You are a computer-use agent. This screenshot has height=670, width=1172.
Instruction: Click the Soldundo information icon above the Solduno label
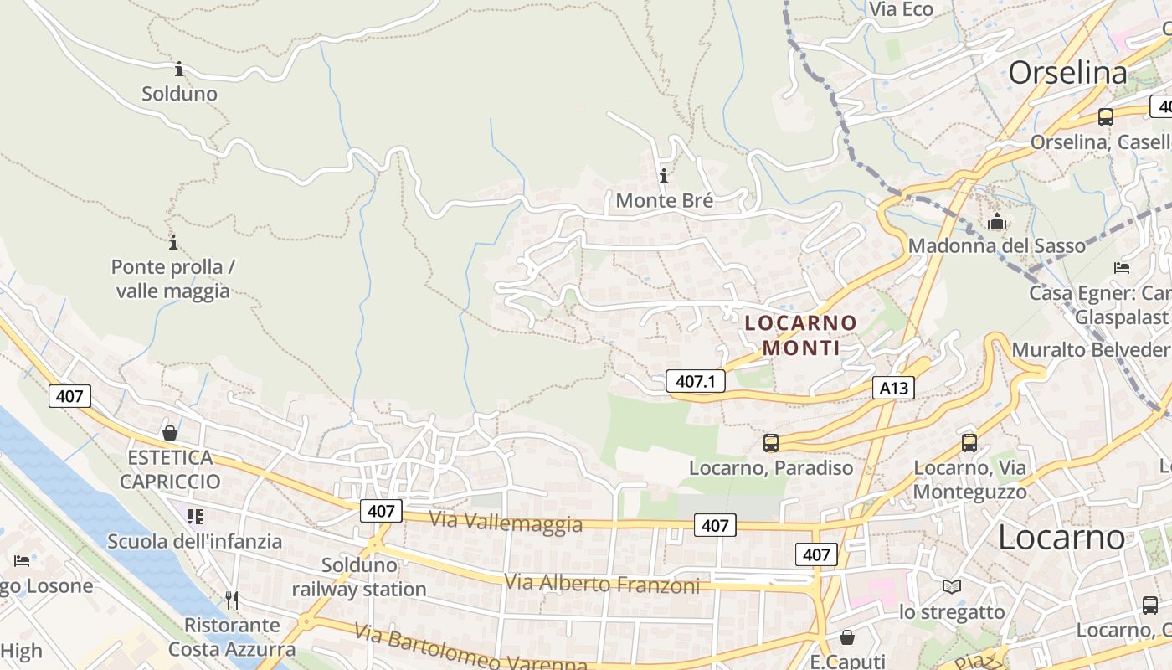[x=178, y=69]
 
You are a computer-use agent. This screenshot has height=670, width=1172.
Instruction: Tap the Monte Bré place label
[x=664, y=201]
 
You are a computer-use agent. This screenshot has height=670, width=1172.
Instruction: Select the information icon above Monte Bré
[x=664, y=177]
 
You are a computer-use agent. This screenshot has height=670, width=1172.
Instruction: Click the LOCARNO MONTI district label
[x=801, y=335]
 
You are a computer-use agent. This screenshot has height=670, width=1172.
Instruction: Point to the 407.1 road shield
[x=695, y=382]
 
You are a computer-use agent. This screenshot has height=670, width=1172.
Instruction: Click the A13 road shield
[x=892, y=388]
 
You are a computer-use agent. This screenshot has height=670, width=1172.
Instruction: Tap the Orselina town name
[x=1067, y=73]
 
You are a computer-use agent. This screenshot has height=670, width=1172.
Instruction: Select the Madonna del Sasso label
[x=996, y=246]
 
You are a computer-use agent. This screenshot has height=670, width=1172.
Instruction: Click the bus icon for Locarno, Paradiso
[x=770, y=443]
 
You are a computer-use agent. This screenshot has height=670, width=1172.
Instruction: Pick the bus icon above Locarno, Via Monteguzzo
[x=969, y=443]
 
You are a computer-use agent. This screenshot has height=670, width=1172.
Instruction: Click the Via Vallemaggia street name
[x=506, y=523]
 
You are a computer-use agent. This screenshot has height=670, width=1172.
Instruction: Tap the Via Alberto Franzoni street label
[x=602, y=584]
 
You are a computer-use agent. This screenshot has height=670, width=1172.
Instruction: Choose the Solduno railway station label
[x=359, y=577]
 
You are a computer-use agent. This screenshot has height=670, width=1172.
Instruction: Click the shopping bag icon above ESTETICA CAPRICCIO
[x=170, y=433]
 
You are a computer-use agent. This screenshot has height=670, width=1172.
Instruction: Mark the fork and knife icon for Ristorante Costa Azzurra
[x=232, y=600]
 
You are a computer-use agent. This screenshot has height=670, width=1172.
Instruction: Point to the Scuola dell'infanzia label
[x=194, y=541]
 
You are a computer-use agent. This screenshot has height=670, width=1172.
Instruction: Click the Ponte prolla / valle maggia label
[x=172, y=279]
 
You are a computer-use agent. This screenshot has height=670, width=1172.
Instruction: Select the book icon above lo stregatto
[x=952, y=586]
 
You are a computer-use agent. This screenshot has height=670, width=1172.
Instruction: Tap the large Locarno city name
[x=1061, y=537]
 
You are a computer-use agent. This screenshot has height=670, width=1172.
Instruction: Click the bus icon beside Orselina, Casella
[x=1106, y=117]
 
